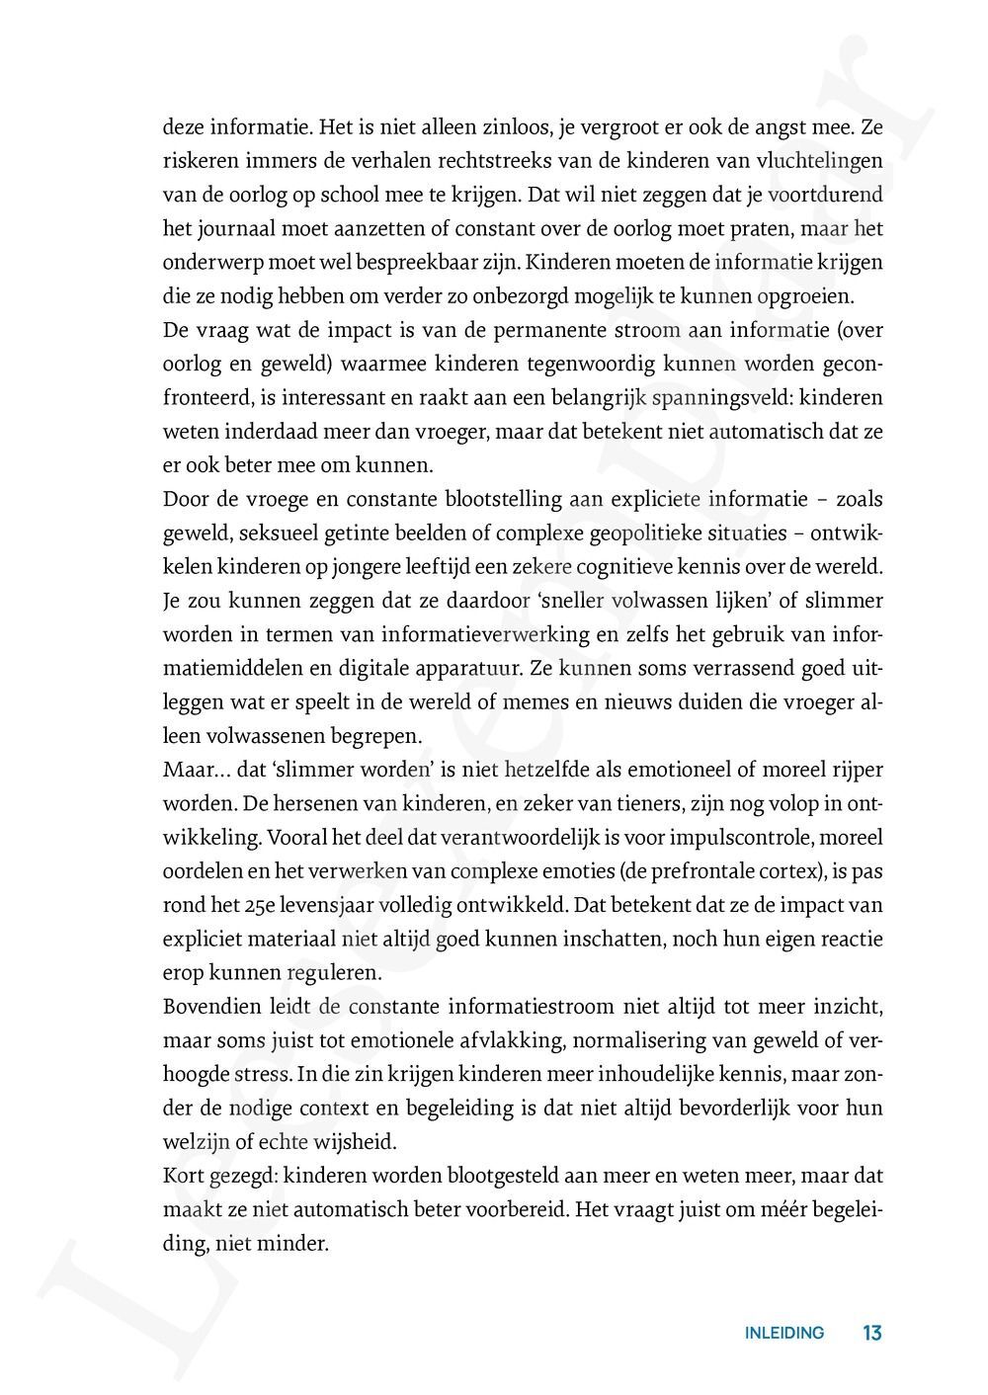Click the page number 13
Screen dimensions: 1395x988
point(871,1333)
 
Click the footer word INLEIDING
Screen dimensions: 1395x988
point(783,1333)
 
